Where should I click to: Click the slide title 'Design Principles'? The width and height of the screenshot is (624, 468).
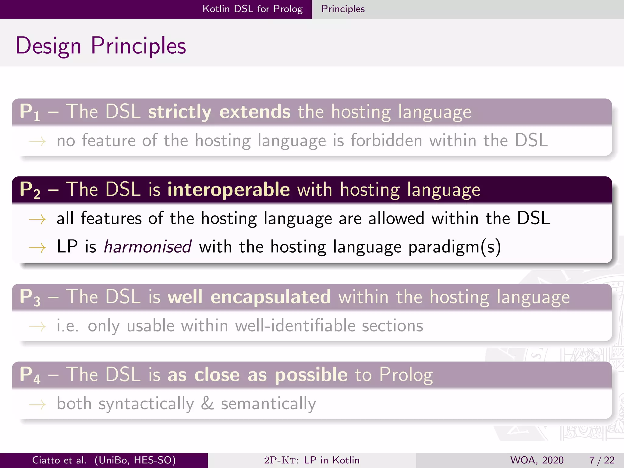[101, 46]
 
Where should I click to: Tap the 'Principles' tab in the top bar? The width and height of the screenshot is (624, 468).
[343, 9]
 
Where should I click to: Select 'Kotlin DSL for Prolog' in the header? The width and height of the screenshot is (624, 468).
[252, 9]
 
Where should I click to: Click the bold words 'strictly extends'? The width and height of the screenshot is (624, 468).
[219, 112]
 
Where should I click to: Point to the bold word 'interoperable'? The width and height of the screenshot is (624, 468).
[229, 189]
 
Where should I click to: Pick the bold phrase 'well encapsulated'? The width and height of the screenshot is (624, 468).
[249, 297]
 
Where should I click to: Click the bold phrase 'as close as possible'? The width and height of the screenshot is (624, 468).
[257, 374]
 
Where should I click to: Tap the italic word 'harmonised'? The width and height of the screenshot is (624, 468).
[148, 246]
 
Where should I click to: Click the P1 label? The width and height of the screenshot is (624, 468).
[30, 112]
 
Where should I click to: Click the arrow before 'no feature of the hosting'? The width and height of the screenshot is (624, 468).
[37, 141]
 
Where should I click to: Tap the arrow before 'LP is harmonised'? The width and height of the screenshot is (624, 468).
[37, 247]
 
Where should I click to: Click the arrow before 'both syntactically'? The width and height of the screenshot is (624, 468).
[37, 405]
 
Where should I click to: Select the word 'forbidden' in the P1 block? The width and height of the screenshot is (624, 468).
[386, 140]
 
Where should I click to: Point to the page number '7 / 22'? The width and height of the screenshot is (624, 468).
[602, 460]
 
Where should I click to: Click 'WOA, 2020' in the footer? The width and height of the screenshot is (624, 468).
[537, 460]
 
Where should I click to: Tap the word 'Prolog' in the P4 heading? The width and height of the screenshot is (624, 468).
[406, 374]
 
